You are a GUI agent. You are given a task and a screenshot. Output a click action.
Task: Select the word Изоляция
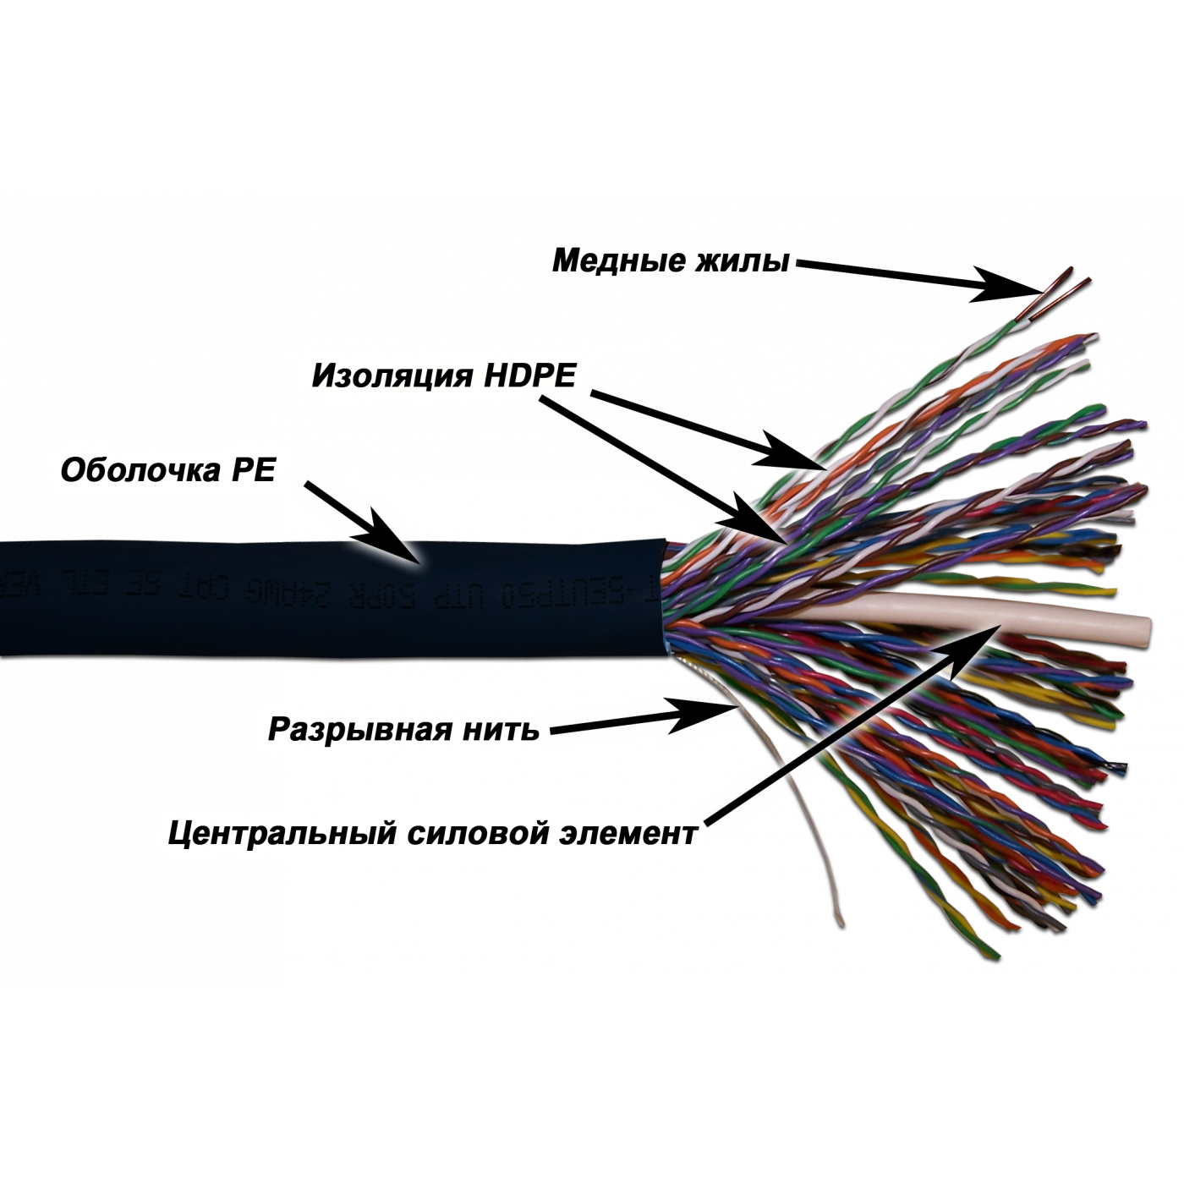tap(391, 375)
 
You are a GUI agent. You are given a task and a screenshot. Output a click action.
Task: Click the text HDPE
tap(529, 375)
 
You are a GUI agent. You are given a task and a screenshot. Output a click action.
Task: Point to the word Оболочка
tap(139, 469)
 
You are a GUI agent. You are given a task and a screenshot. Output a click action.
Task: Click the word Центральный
tap(282, 833)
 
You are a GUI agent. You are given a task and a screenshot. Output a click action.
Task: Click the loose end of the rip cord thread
tap(839, 920)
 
